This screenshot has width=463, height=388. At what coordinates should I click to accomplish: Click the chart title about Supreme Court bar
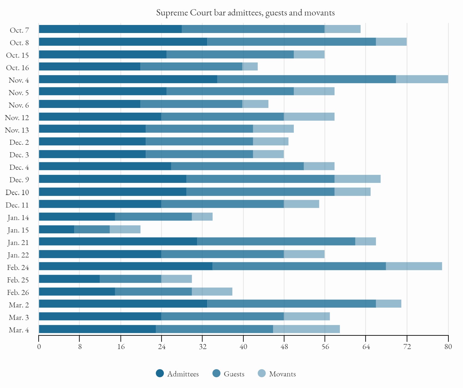tap(245, 12)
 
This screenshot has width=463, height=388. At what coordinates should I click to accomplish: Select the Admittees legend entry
tap(177, 374)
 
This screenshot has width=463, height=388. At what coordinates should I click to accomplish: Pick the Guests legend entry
tap(229, 374)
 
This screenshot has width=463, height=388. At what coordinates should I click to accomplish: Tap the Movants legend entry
tap(277, 374)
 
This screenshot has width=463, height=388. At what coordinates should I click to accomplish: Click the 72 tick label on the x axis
tap(407, 347)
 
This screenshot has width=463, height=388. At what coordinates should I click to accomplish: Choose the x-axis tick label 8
tap(80, 347)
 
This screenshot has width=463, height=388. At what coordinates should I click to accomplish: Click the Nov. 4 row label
tap(19, 80)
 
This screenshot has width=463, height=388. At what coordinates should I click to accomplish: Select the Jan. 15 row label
tap(18, 230)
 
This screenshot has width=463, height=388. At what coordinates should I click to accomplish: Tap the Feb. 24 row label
tap(18, 268)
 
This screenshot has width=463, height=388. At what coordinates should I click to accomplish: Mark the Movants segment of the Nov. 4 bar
tap(422, 79)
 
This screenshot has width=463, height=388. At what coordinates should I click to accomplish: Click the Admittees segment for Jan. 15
tap(56, 229)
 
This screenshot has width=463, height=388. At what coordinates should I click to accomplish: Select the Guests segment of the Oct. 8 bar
tap(291, 42)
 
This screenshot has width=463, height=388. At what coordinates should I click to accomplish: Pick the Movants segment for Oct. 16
tap(250, 67)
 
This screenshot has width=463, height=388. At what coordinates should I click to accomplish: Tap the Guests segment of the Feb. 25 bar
tap(130, 279)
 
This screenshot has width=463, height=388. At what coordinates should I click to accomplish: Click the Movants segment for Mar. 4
tap(306, 329)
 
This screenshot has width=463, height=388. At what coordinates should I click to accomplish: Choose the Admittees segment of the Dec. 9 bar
tap(112, 179)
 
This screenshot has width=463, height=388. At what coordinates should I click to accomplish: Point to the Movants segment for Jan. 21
tap(365, 241)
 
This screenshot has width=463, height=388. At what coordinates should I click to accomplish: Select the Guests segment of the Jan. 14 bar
tap(153, 217)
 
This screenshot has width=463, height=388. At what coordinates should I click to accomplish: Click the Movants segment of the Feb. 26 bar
tap(212, 292)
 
